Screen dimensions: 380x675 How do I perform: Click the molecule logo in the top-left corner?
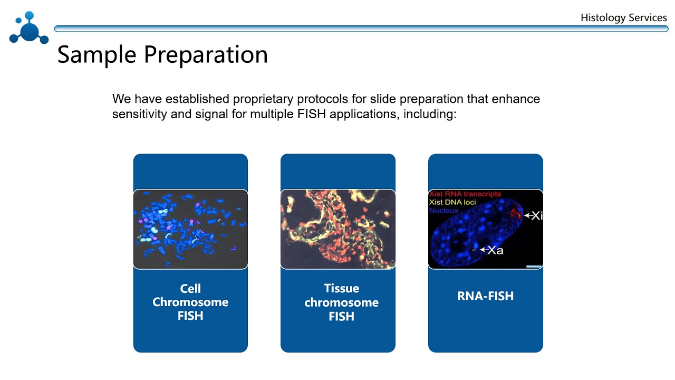point(28,28)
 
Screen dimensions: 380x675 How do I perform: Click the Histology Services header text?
point(623,17)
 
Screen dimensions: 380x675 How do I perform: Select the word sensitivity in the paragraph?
point(139,114)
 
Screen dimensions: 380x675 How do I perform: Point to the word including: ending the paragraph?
point(430,114)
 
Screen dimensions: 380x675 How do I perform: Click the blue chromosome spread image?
point(190,229)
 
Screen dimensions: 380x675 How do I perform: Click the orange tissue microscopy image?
point(337,229)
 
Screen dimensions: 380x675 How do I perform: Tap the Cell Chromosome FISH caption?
point(190,302)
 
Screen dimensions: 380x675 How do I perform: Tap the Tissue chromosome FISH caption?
point(341,302)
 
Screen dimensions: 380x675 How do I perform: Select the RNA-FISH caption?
point(485,296)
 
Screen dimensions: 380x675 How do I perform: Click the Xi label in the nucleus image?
point(536,215)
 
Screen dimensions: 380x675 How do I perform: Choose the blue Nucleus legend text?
point(443,211)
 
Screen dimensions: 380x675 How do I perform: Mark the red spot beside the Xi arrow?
point(515,213)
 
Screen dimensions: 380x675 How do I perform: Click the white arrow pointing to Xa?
point(483,250)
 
